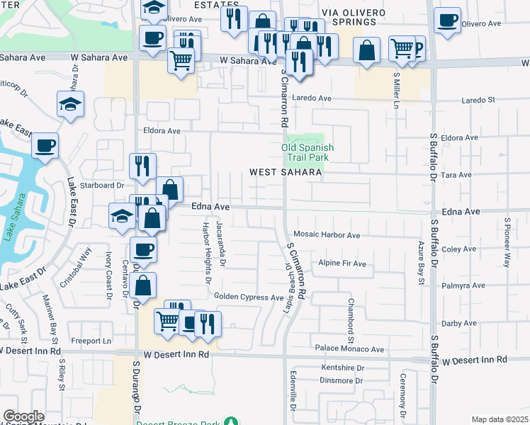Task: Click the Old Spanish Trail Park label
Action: [x=307, y=152]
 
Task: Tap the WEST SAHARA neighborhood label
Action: [x=286, y=172]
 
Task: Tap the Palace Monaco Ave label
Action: [x=349, y=349]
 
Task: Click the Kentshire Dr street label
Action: [x=342, y=368]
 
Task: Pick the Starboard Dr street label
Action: [x=96, y=186]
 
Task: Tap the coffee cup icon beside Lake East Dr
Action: [x=45, y=147]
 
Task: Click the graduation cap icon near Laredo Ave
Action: [x=70, y=105]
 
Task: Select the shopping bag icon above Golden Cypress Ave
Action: [x=143, y=286]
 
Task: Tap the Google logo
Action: [x=23, y=416]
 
